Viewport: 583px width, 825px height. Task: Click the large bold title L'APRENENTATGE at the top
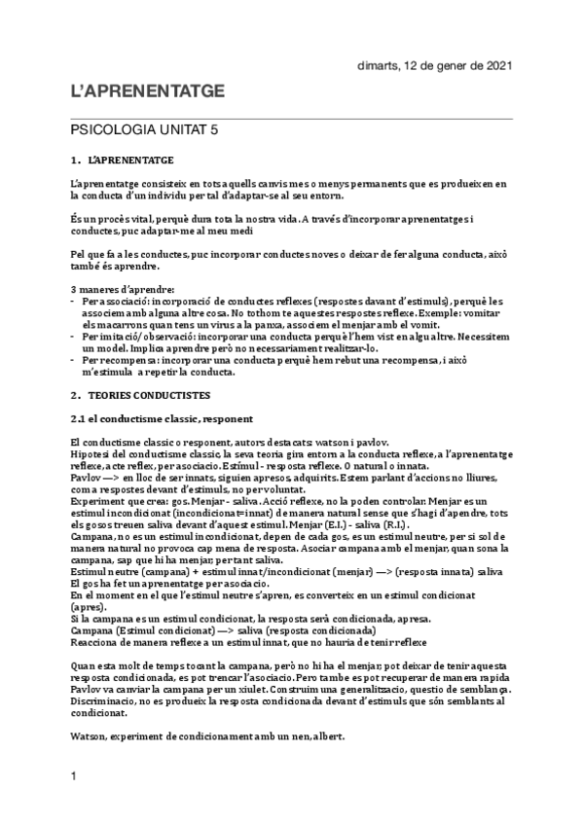click(148, 91)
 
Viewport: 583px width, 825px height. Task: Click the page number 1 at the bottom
click(73, 804)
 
